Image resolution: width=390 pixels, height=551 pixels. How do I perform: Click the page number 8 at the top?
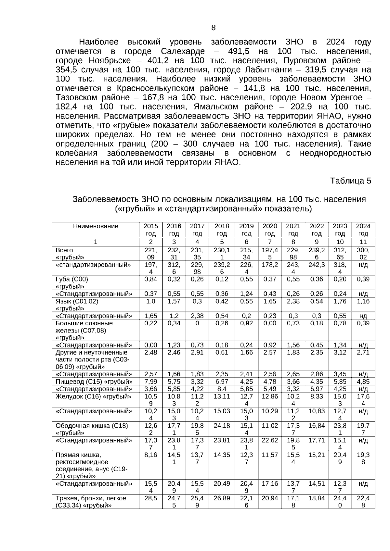[213, 28]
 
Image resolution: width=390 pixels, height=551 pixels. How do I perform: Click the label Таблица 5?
[350, 181]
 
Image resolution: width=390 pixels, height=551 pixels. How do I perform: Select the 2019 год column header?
[246, 230]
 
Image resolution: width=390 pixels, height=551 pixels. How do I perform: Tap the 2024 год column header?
[363, 230]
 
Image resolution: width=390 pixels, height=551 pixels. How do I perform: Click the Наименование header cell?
[95, 226]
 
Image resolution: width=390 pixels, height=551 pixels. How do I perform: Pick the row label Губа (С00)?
[71, 279]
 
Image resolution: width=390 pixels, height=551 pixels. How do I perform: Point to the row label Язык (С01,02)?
[77, 301]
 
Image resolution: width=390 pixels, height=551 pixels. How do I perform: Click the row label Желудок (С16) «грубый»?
[94, 396]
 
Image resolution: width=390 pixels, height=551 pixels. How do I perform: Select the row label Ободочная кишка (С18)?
[92, 425]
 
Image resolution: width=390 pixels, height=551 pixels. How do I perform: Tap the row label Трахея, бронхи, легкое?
[91, 498]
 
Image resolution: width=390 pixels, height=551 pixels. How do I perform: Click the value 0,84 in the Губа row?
[150, 279]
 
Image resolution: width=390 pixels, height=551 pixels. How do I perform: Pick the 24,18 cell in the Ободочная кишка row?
[222, 425]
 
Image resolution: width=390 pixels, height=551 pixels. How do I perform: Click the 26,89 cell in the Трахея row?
[222, 498]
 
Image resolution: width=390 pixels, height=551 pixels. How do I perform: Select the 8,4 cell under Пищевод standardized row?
[222, 389]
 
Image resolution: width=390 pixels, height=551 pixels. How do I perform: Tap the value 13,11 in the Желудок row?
[222, 396]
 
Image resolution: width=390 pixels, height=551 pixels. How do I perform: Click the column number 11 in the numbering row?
[363, 242]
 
